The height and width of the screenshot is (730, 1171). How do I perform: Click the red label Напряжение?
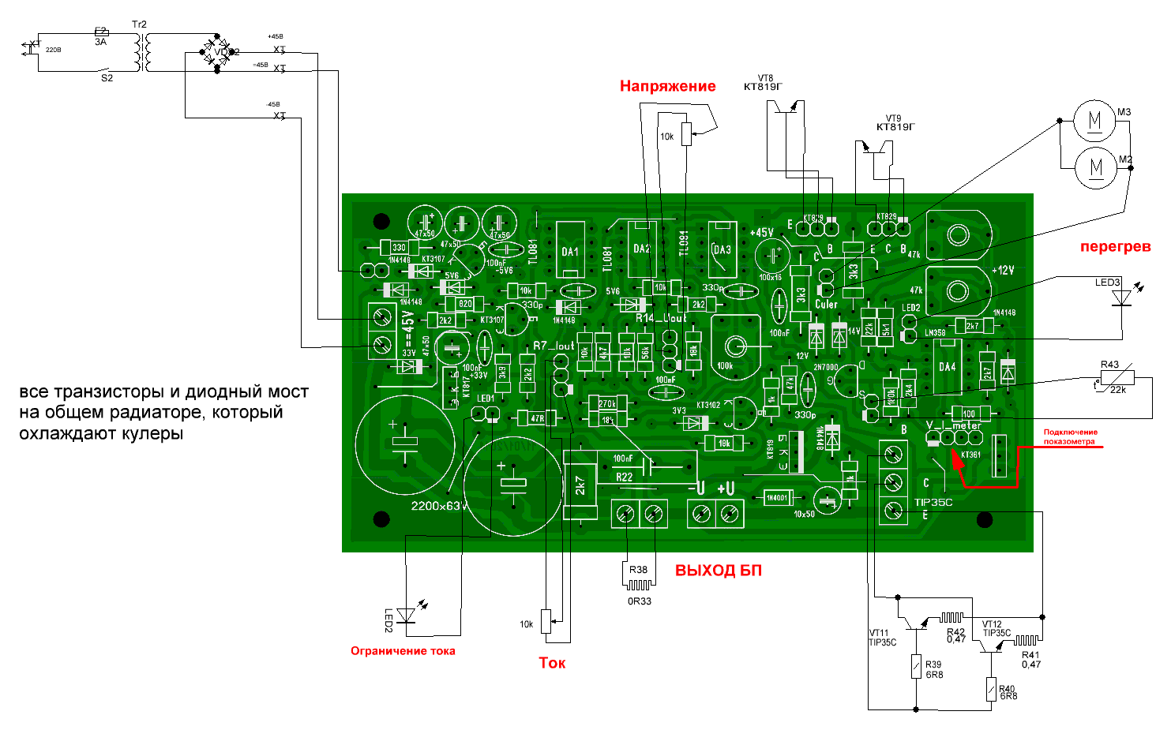(667, 86)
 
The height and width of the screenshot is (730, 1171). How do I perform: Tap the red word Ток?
(552, 663)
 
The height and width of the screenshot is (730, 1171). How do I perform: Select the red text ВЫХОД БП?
(718, 571)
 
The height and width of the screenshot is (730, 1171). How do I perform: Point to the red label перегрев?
(1115, 247)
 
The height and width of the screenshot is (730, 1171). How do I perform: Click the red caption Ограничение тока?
(403, 651)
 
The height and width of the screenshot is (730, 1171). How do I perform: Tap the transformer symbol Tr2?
(142, 51)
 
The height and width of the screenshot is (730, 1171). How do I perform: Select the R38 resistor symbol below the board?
(638, 585)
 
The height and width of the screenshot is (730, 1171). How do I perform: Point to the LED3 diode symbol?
(1121, 298)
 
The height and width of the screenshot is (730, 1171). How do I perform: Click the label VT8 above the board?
(765, 78)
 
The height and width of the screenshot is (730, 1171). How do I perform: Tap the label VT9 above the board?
(893, 118)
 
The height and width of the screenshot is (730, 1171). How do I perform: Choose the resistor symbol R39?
(916, 668)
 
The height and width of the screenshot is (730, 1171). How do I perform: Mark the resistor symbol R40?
(991, 690)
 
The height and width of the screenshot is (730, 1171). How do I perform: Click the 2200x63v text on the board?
(439, 506)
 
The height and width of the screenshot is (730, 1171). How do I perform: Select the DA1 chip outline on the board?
(570, 250)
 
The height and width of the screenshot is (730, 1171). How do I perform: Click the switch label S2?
(107, 78)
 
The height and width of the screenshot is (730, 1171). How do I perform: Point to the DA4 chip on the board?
(948, 367)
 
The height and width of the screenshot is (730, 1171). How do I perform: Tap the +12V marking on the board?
(1002, 270)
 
